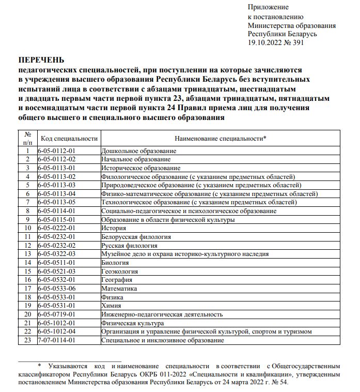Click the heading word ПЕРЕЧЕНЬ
42,60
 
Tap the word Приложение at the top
268,7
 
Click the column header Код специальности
69,139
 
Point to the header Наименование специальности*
221,139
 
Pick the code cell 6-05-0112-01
57,150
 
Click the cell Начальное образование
136,159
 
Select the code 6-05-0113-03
57,185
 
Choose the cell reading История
114,228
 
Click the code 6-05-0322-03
57,254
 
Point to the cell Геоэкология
120,272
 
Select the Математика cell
119,289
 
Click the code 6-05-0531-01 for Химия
57,306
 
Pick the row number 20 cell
28,314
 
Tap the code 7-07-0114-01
57,340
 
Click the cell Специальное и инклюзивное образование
163,340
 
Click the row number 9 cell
28,219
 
